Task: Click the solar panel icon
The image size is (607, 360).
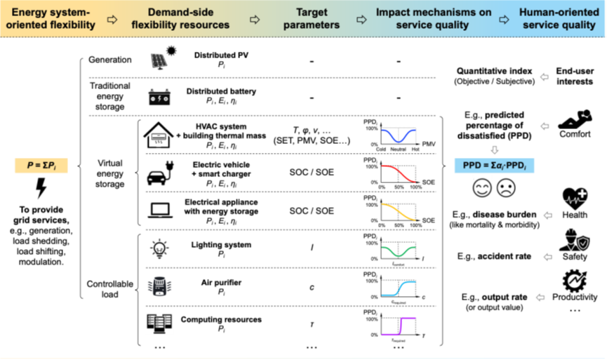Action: pyautogui.click(x=159, y=61)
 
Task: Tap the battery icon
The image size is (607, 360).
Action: pyautogui.click(x=159, y=98)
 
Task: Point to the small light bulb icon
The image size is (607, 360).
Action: pyautogui.click(x=159, y=248)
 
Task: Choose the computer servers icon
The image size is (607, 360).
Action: pyautogui.click(x=159, y=324)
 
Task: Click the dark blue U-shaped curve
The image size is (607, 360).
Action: pyautogui.click(x=399, y=135)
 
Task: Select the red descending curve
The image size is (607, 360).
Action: pyautogui.click(x=399, y=173)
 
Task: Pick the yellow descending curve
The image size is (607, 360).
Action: pyautogui.click(x=399, y=211)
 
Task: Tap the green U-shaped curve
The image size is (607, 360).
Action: pyautogui.click(x=399, y=251)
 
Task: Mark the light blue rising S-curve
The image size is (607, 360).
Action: pyautogui.click(x=399, y=288)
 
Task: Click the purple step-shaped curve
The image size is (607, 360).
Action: pyautogui.click(x=399, y=326)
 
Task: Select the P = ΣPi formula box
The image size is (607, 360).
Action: pyautogui.click(x=41, y=166)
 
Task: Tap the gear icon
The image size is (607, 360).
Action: pyautogui.click(x=575, y=281)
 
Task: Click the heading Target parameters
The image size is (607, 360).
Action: pyautogui.click(x=312, y=19)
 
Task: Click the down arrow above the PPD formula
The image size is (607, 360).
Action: pyautogui.click(x=494, y=150)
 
